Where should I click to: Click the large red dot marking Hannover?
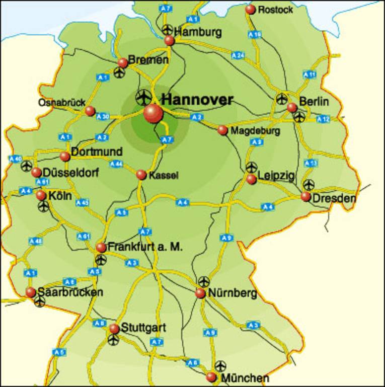(x=153, y=113)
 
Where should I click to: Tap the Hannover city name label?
(x=197, y=99)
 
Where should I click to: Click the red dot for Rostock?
(x=250, y=9)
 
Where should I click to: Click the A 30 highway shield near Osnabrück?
(x=103, y=117)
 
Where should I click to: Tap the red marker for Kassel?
(x=141, y=175)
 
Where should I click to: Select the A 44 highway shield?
(x=116, y=164)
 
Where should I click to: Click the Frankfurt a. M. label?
(x=145, y=247)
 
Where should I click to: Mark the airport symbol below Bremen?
(x=119, y=73)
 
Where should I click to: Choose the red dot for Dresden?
(x=306, y=196)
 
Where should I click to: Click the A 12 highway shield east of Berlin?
(x=324, y=119)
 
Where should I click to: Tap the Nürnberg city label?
(x=233, y=293)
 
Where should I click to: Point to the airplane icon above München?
(x=220, y=366)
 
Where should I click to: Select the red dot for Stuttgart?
(x=114, y=329)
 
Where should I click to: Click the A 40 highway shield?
(x=15, y=159)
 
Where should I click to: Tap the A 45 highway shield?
(x=83, y=202)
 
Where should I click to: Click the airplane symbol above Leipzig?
(x=251, y=167)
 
